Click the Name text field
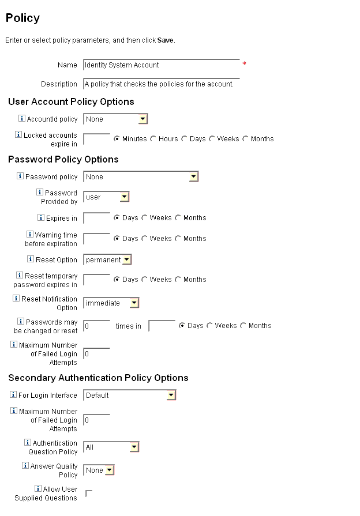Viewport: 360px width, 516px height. (x=161, y=65)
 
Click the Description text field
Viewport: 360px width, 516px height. (x=161, y=84)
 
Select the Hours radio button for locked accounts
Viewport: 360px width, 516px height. (x=153, y=139)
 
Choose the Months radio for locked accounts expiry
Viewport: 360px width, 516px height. (x=246, y=139)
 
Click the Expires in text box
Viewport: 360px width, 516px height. (x=97, y=218)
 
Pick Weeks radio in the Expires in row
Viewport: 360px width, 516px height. (x=145, y=218)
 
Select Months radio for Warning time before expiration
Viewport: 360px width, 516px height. (x=178, y=239)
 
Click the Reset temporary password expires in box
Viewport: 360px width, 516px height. (x=97, y=280)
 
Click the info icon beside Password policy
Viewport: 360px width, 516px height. (x=20, y=176)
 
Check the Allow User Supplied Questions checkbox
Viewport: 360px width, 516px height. (x=89, y=494)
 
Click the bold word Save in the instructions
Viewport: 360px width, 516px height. (x=165, y=40)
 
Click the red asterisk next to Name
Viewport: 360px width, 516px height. (x=244, y=64)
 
